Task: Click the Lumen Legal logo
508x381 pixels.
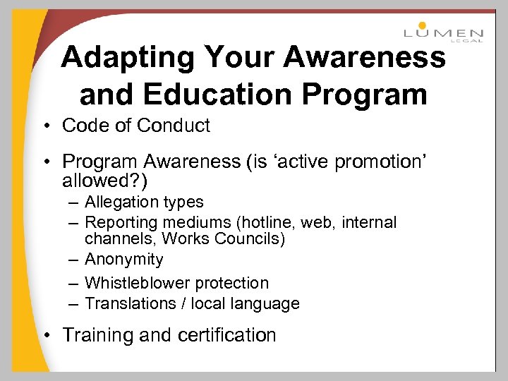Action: tap(443, 32)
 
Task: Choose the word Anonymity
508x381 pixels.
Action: tap(123, 260)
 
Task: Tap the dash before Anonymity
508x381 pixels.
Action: tap(73, 260)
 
